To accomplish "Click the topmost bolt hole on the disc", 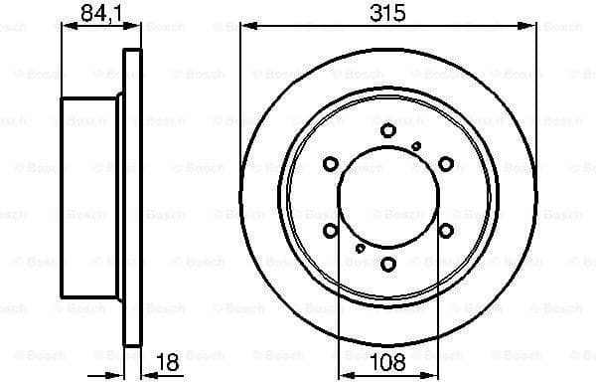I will pyautogui.click(x=388, y=130).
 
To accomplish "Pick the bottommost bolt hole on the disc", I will pyautogui.click(x=388, y=264).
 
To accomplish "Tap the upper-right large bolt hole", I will pyautogui.click(x=446, y=163).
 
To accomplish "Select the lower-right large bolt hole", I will pyautogui.click(x=446, y=230).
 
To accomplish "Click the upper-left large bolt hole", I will pyautogui.click(x=331, y=163).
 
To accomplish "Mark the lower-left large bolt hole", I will pyautogui.click(x=331, y=230).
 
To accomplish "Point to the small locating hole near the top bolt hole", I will pyautogui.click(x=416, y=145).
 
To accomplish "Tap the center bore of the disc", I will pyautogui.click(x=388, y=197).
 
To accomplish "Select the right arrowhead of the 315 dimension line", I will pyautogui.click(x=530, y=29).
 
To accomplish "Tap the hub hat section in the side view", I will pyautogui.click(x=89, y=196).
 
